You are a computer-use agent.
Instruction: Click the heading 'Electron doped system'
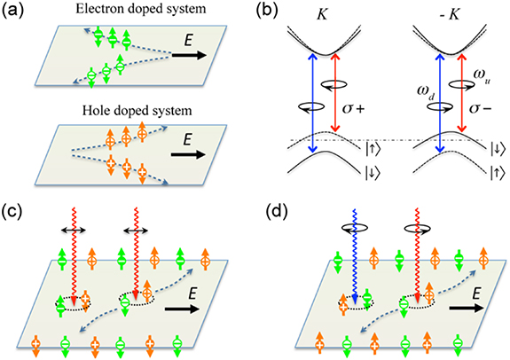click(x=129, y=12)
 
